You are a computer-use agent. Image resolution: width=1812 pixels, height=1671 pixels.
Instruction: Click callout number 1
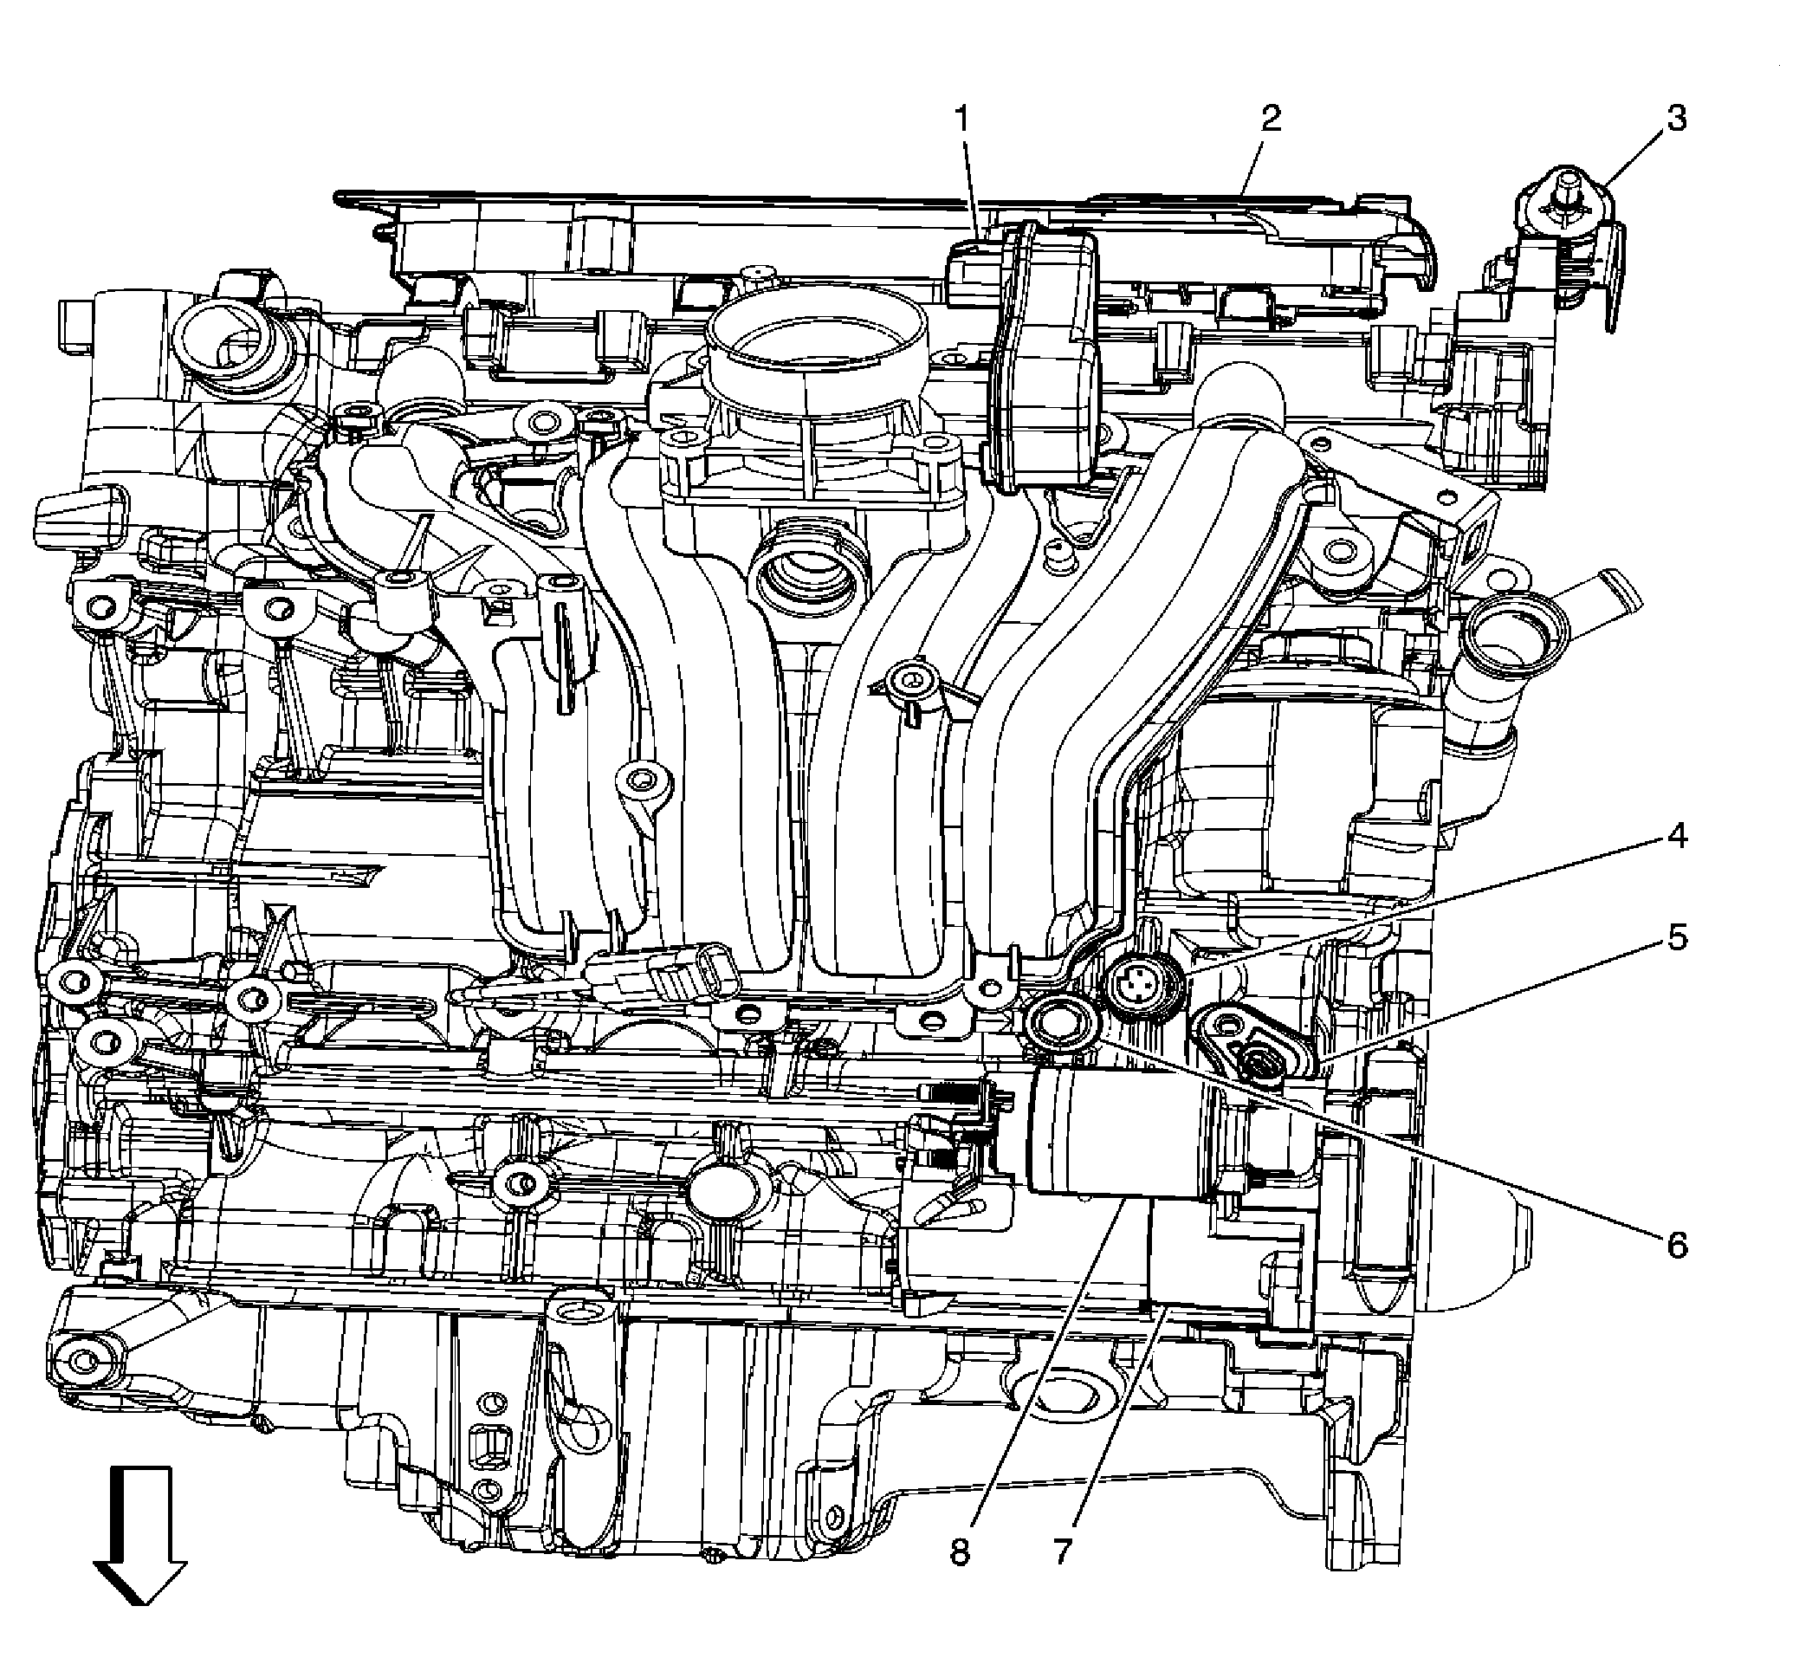point(963,119)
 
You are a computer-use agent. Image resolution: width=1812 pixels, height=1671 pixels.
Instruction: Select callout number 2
point(1271,119)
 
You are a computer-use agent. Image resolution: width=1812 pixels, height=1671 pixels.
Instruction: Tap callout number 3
point(1677,119)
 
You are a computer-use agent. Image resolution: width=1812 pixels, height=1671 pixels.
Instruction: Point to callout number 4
point(1677,837)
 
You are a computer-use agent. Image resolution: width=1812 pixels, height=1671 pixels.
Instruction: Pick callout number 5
point(1677,937)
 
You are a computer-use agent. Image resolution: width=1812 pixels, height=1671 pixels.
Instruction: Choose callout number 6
point(1677,1245)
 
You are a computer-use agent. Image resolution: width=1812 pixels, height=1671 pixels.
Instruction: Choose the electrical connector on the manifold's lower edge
point(692,972)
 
